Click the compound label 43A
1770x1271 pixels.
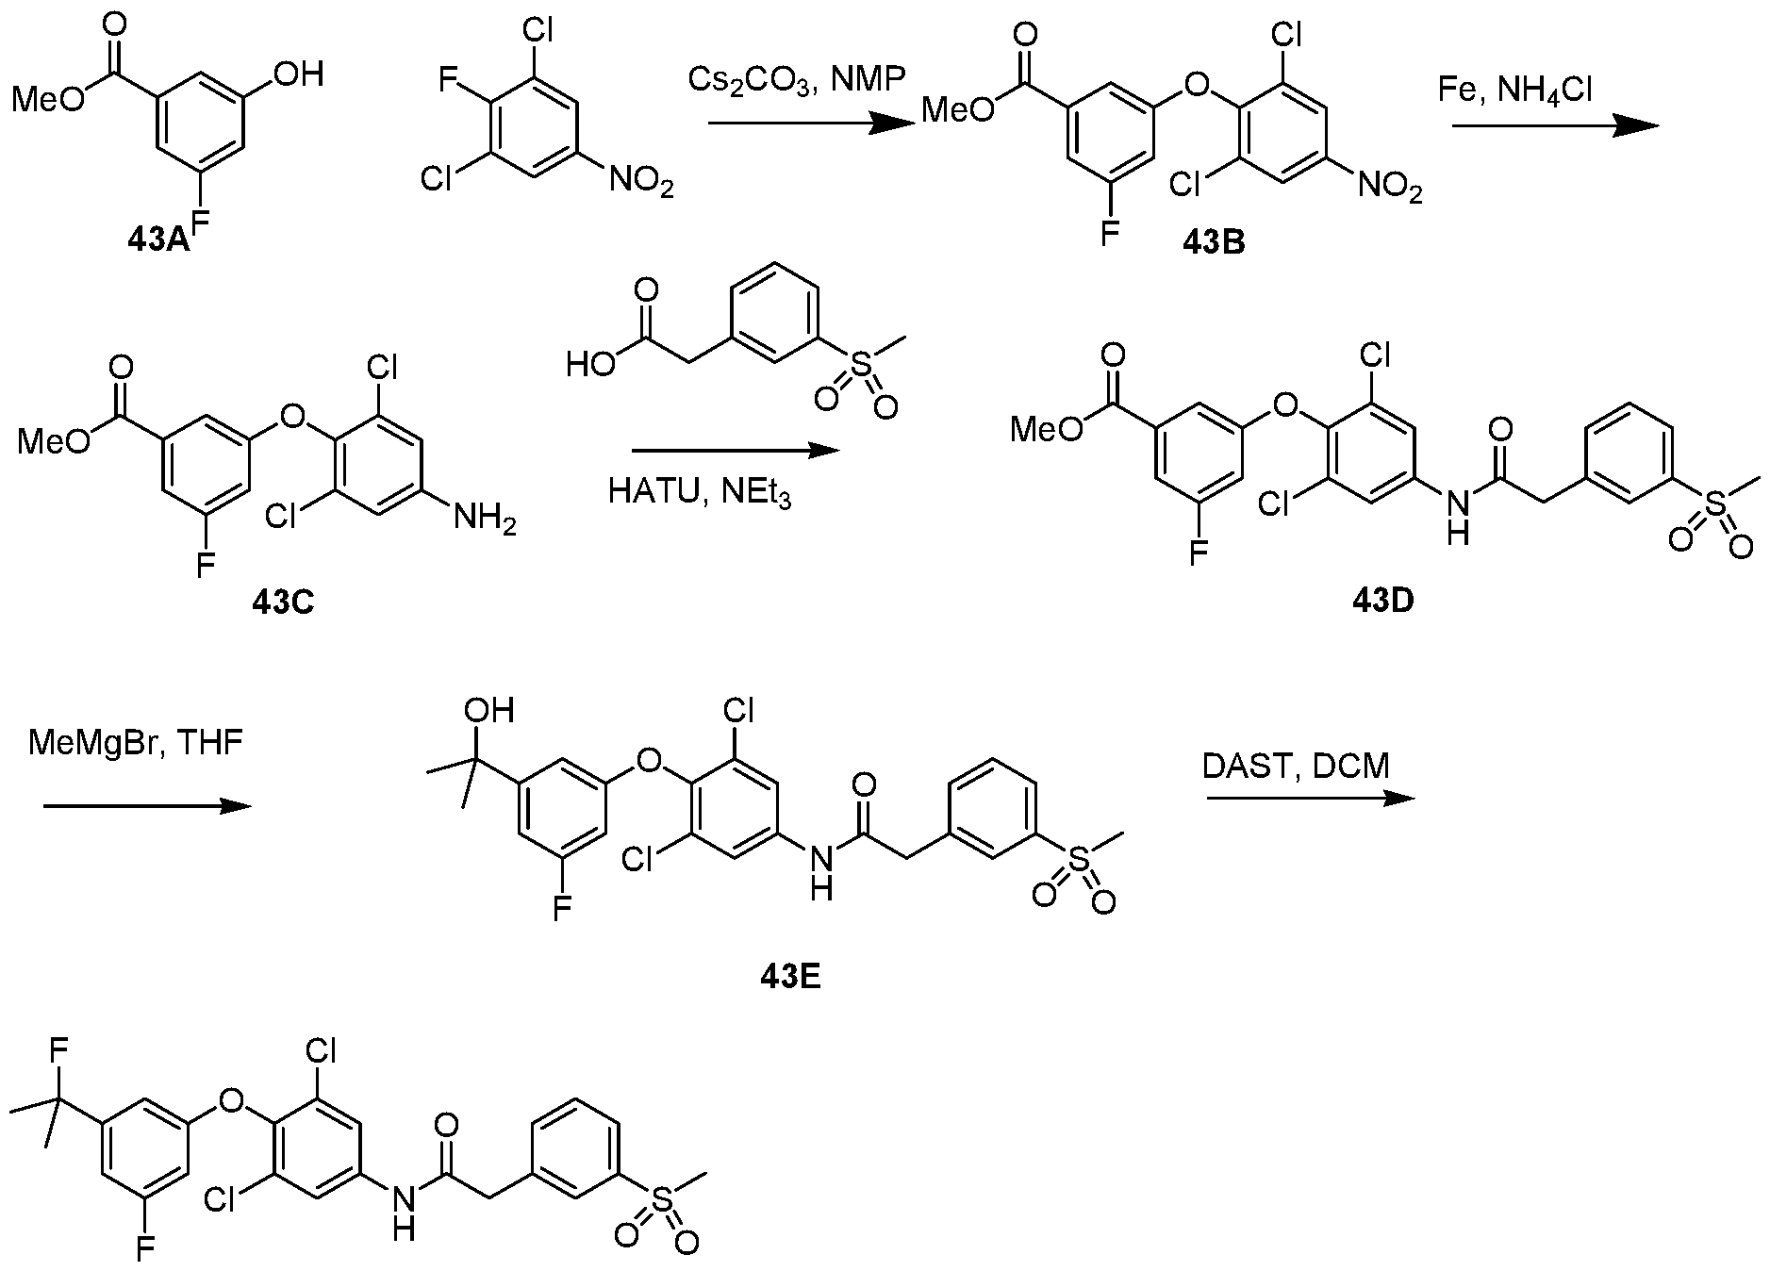pos(157,239)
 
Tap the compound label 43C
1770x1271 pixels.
pos(283,601)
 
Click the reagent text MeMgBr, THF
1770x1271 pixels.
pos(135,743)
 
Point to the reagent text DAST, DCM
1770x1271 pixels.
pos(1296,766)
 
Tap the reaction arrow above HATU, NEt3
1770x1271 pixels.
pos(735,451)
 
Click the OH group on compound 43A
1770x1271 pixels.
pos(296,74)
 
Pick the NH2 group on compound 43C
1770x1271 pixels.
pos(485,518)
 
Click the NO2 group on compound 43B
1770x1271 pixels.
pos(1390,187)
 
